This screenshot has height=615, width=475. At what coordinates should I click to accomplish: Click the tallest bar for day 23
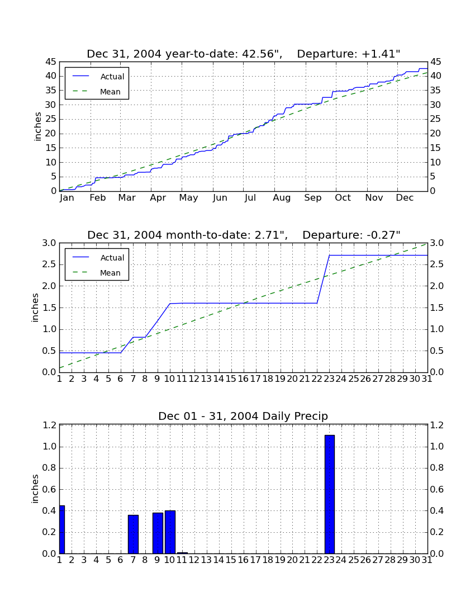(x=330, y=494)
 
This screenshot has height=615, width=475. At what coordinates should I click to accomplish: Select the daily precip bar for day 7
(x=133, y=534)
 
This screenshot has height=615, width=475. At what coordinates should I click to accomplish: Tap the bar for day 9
(x=158, y=533)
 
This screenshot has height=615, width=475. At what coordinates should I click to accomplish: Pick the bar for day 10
(x=170, y=532)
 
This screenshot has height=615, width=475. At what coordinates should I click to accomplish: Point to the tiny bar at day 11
(x=182, y=553)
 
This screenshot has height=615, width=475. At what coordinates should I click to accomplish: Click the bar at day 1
(x=62, y=529)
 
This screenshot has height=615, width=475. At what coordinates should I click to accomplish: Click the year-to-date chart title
(x=244, y=54)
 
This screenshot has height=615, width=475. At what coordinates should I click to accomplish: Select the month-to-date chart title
(x=244, y=235)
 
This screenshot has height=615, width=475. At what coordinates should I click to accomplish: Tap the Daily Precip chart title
(x=243, y=416)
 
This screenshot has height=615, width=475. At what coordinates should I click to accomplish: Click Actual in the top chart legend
(x=112, y=77)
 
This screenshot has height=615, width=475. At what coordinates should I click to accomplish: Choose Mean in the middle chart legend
(x=110, y=273)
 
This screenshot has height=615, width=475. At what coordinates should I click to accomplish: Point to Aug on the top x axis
(x=282, y=198)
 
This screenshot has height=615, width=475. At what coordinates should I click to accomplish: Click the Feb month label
(x=98, y=197)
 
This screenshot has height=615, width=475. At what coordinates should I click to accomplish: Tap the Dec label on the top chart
(x=405, y=197)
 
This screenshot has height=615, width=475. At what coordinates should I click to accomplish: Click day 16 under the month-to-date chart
(x=243, y=379)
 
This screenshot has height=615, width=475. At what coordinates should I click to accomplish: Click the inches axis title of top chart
(x=37, y=126)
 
